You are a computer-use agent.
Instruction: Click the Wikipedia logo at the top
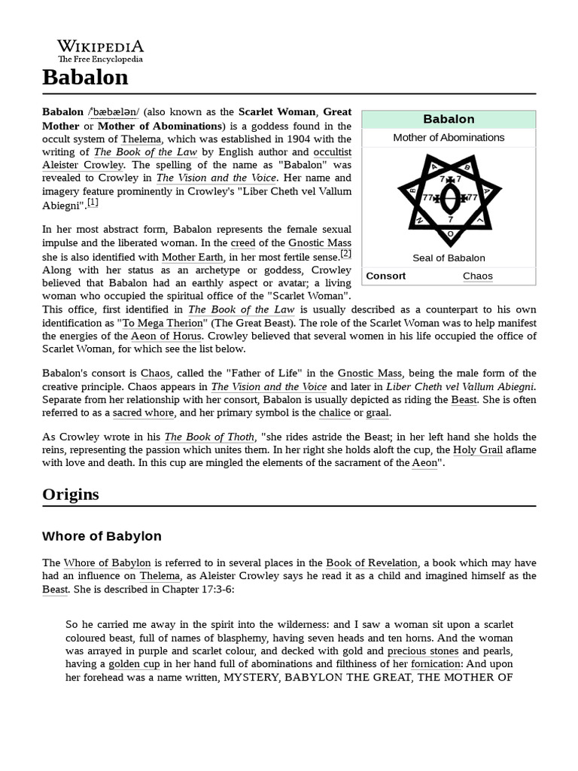[101, 50]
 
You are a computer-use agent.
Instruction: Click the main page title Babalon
[85, 78]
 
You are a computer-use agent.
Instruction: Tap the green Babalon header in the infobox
[449, 119]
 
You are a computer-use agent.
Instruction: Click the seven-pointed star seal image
[450, 197]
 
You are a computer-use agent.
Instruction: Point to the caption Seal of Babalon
[449, 258]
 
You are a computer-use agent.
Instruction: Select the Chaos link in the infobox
[478, 276]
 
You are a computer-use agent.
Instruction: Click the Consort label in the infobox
[385, 276]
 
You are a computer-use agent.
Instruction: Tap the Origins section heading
[70, 494]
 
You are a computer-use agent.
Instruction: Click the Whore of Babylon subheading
[102, 536]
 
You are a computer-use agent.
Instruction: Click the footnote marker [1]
[93, 202]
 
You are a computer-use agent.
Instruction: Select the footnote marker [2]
[345, 254]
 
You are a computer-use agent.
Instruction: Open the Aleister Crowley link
[83, 164]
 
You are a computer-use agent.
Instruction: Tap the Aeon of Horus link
[167, 336]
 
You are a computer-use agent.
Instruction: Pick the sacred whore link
[143, 413]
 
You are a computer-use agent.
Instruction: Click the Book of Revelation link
[371, 562]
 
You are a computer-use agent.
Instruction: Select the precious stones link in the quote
[422, 651]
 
